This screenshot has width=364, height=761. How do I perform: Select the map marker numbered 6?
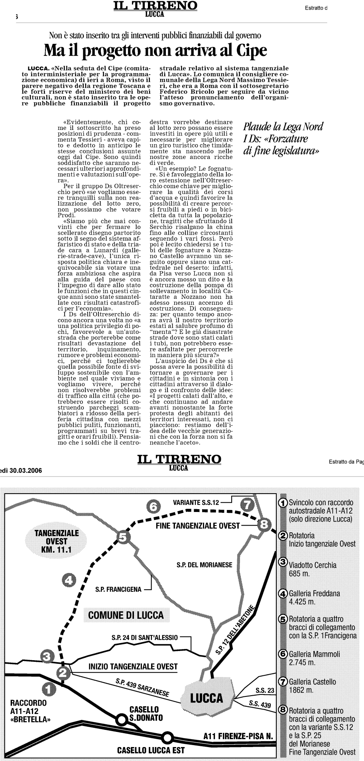tap(153, 506)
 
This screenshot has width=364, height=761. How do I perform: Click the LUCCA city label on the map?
tap(207, 698)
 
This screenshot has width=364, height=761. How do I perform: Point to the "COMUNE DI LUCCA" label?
tap(126, 615)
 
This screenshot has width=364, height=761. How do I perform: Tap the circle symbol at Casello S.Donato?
tap(121, 720)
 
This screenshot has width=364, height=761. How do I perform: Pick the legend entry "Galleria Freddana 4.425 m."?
tap(315, 597)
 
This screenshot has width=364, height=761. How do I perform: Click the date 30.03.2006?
tap(25, 470)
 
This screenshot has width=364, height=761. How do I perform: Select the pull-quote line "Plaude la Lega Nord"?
tap(283, 127)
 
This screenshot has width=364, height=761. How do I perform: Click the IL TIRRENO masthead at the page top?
tap(155, 6)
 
